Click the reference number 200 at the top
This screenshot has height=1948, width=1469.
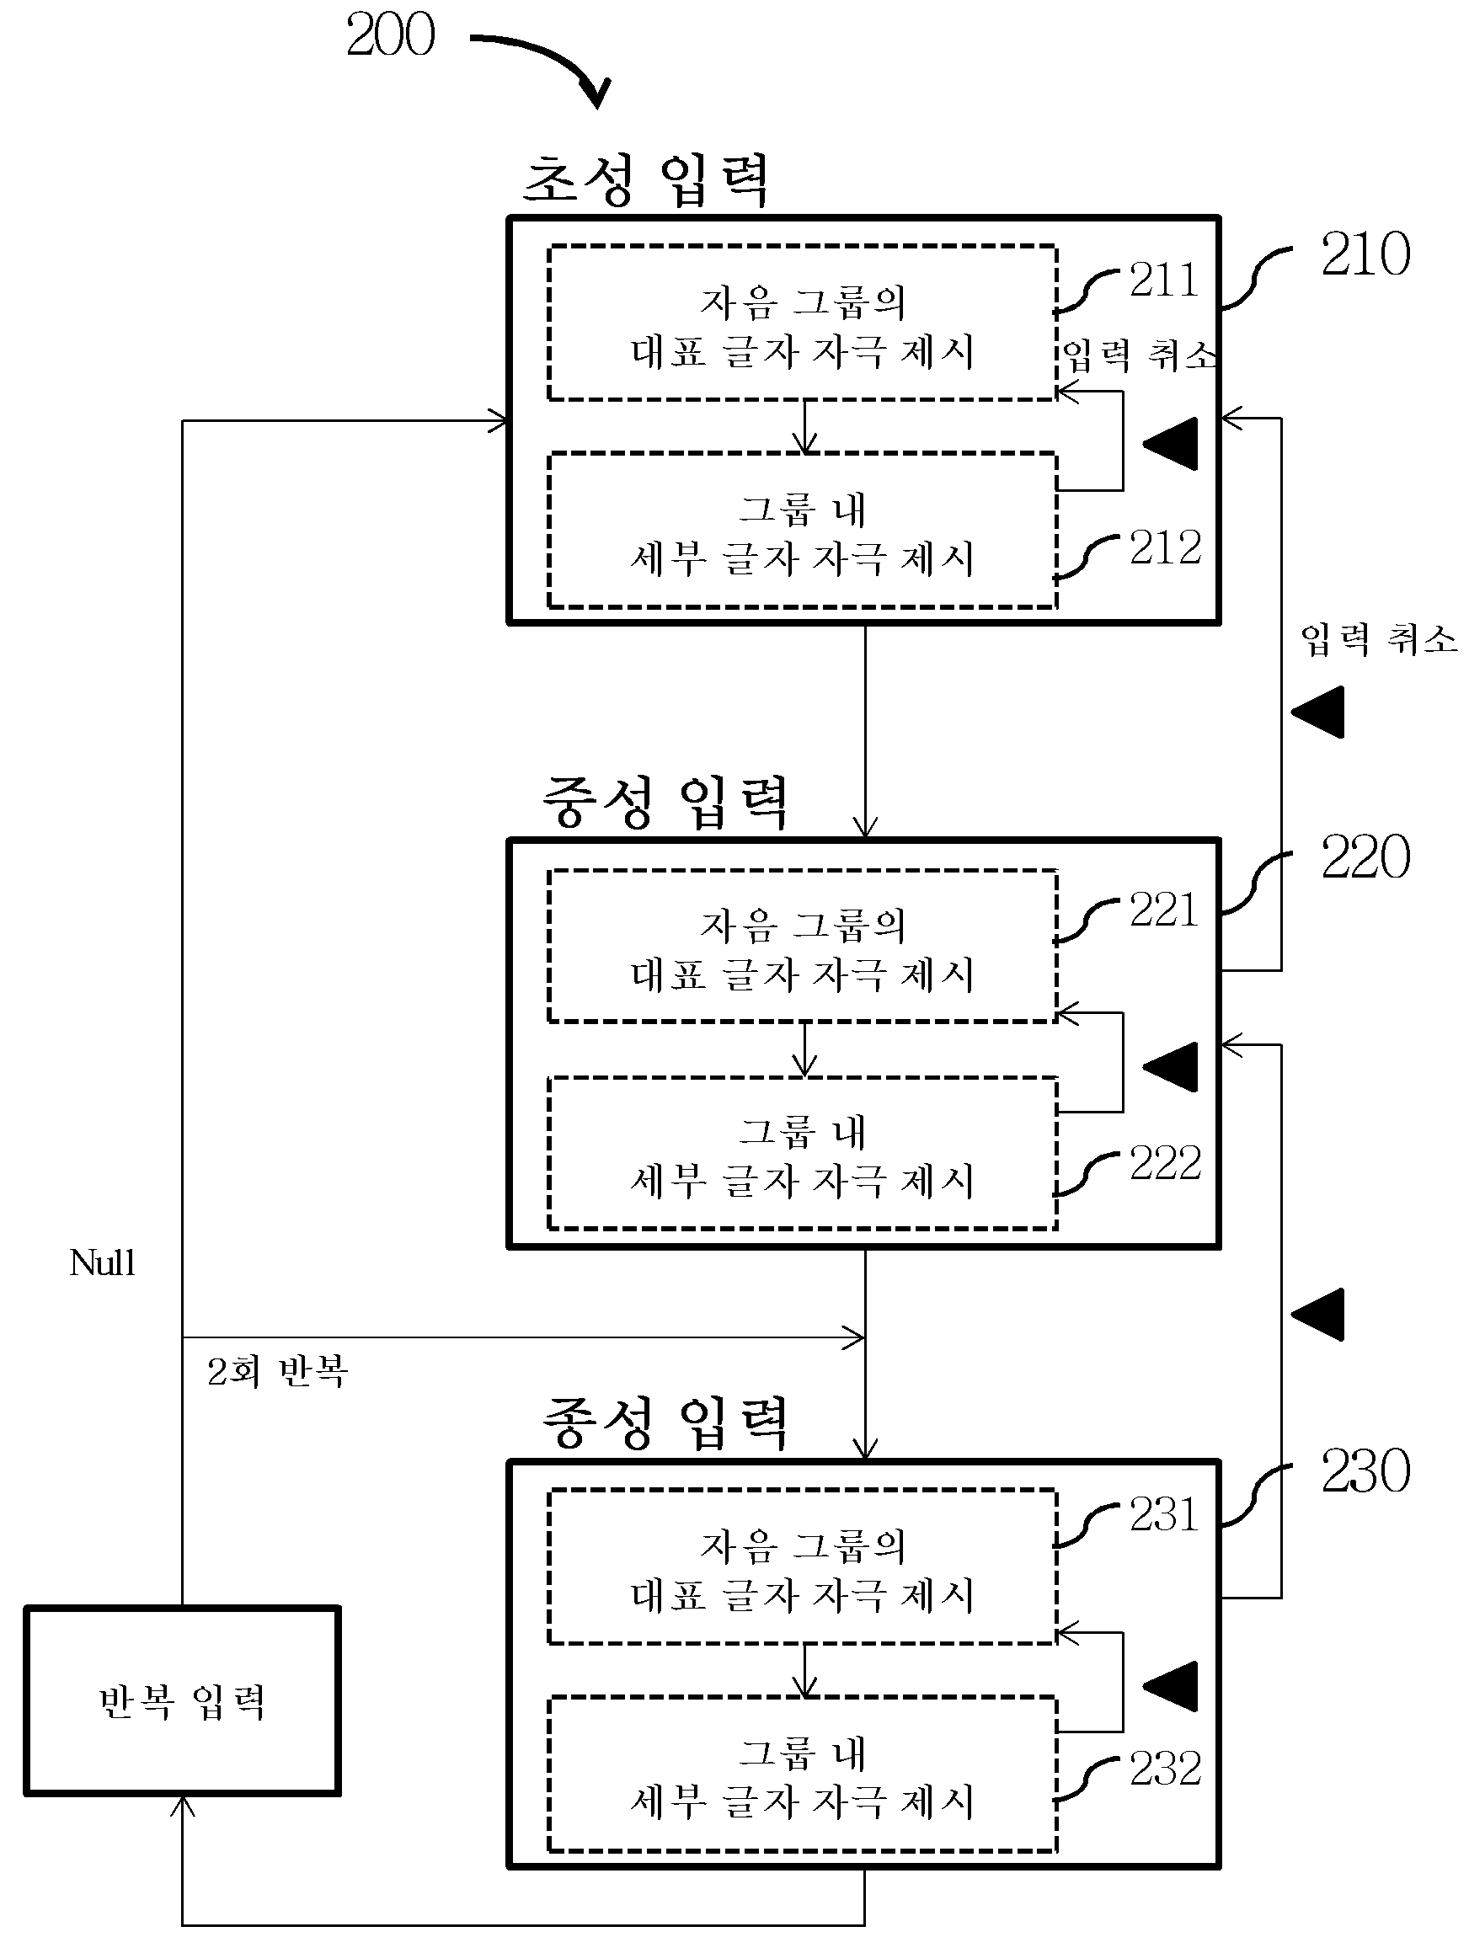(390, 35)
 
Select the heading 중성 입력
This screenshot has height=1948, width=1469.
(665, 803)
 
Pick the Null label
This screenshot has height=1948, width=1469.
(102, 1262)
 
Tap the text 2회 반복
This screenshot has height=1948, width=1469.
(277, 1371)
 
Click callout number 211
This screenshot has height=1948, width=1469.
(1164, 281)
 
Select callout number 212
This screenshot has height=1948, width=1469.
(1165, 547)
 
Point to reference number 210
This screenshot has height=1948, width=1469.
(1365, 254)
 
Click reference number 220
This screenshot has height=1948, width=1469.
(1365, 857)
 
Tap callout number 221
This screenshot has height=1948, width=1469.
(1164, 910)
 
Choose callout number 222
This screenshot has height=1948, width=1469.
(1165, 1162)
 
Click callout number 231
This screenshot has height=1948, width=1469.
(1164, 1515)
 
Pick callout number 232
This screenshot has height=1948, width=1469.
(1165, 1769)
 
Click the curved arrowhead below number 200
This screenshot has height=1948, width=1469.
(596, 94)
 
